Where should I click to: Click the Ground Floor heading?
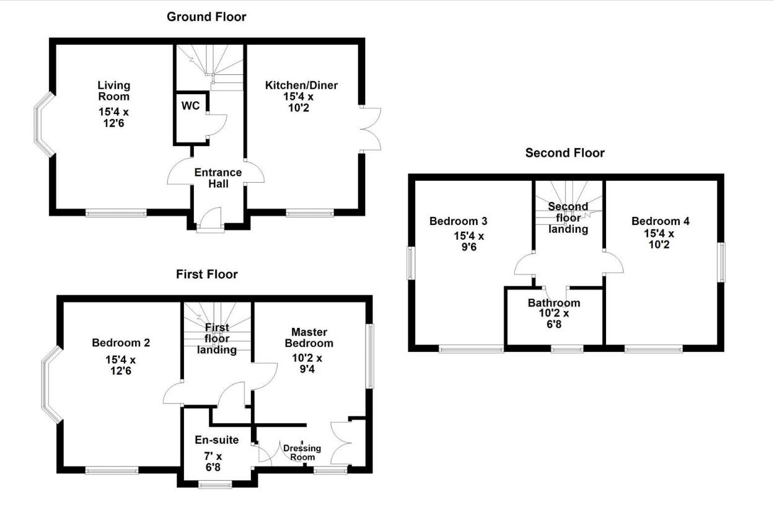pos(206,17)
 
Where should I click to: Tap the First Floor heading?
pos(206,274)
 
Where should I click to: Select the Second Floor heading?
pos(565,152)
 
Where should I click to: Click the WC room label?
pos(190,106)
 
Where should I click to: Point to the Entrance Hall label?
pos(218,178)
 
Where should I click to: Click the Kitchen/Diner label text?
pos(301,85)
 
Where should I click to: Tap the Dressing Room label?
pos(302,452)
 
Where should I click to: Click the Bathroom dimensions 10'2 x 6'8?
pos(553,319)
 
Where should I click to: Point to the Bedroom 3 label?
pos(458,221)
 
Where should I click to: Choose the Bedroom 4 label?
pos(660,221)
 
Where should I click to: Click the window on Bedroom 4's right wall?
pos(721,262)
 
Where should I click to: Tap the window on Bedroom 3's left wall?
pos(411,263)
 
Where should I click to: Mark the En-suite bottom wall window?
pos(215,484)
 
